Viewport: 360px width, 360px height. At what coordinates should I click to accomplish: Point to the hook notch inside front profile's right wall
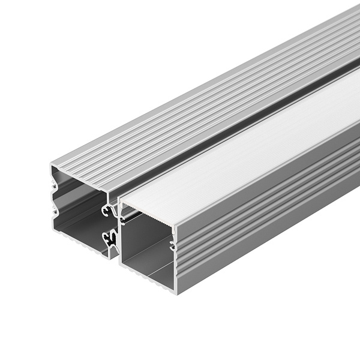coord(173,245)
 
